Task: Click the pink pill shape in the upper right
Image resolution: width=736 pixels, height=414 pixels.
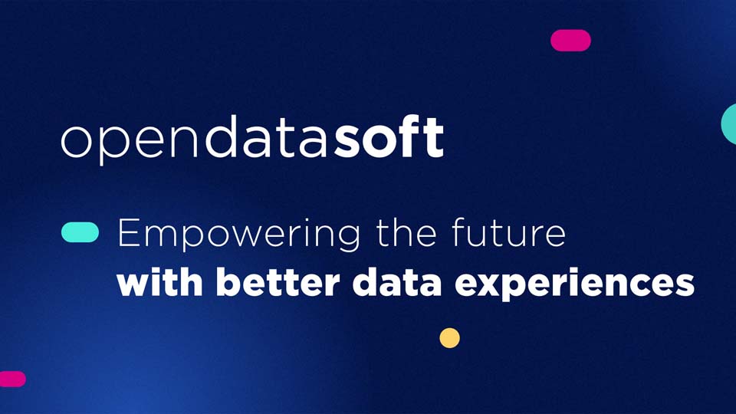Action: [570, 41]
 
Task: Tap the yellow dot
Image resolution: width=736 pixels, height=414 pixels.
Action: [449, 338]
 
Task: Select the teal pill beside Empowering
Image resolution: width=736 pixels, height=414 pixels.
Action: [80, 232]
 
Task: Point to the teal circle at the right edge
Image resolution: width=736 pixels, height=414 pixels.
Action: [730, 123]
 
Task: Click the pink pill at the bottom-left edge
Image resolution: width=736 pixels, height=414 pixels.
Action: [11, 379]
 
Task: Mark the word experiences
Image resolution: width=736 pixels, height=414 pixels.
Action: [575, 284]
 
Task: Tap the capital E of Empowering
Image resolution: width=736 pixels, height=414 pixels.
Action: [127, 232]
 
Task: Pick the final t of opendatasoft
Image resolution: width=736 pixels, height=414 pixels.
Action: [435, 138]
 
